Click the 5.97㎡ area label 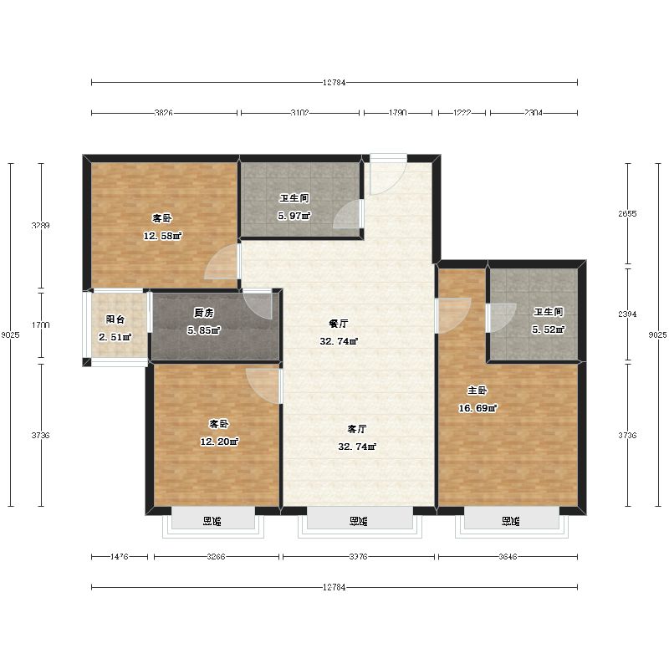pyautogui.click(x=294, y=217)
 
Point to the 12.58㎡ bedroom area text pyautogui.click(x=162, y=236)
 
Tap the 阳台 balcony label pyautogui.click(x=115, y=319)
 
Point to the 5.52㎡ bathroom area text pyautogui.click(x=548, y=329)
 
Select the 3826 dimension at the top pyautogui.click(x=163, y=113)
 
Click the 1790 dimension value pyautogui.click(x=397, y=113)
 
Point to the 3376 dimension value pyautogui.click(x=358, y=556)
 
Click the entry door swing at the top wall pyautogui.click(x=386, y=174)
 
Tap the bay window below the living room pyautogui.click(x=359, y=521)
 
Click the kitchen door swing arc pyautogui.click(x=258, y=303)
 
